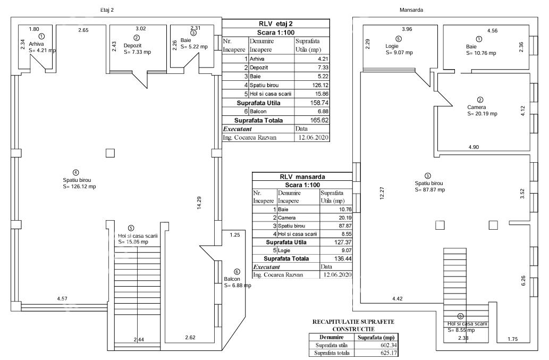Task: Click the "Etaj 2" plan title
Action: tap(107, 11)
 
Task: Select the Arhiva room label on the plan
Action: tap(37, 44)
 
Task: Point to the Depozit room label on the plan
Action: tap(133, 46)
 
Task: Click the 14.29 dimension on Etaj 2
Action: tap(198, 204)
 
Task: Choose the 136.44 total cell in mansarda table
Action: tap(339, 258)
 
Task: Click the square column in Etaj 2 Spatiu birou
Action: tap(110, 153)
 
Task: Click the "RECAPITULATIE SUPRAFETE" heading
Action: tap(354, 322)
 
